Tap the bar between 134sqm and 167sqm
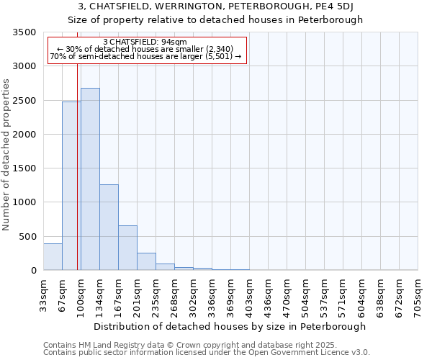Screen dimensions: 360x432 click(x=109, y=227)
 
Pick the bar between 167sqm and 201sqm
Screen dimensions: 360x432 click(x=127, y=248)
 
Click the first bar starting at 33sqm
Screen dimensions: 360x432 click(x=53, y=257)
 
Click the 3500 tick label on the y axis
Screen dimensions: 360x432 click(x=24, y=32)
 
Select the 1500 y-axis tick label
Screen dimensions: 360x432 click(x=24, y=168)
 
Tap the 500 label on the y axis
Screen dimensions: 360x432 click(x=27, y=237)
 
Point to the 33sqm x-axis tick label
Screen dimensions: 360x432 click(x=43, y=295)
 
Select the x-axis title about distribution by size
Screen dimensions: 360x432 click(x=230, y=326)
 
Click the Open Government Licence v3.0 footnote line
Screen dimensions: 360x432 click(x=207, y=353)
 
